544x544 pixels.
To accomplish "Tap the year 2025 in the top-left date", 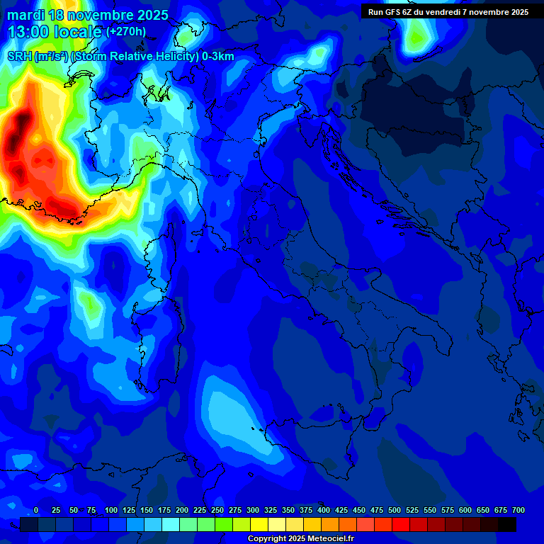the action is [150, 15].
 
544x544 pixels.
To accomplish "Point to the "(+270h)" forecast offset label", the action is [126, 31].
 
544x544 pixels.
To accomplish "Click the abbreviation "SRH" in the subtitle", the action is [19, 57].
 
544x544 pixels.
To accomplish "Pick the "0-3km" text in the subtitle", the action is [218, 57].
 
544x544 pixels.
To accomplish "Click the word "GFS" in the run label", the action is [397, 12].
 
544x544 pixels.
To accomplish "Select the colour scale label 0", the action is [36, 511].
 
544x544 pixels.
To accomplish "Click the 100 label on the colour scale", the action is [111, 511].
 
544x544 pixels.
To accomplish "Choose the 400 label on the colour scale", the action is [324, 511].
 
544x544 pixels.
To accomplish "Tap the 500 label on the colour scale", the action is [395, 511].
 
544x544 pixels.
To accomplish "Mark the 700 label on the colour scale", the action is [518, 511].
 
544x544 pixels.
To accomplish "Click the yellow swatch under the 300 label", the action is [259, 525].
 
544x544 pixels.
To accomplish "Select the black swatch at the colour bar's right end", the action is [507, 525].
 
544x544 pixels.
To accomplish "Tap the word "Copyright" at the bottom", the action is [266, 539].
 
